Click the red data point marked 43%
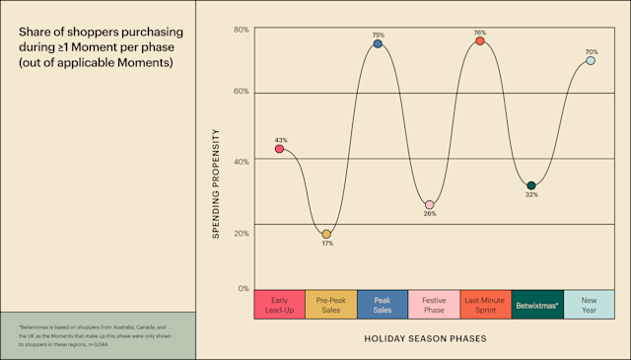[279, 149]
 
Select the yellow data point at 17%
[327, 234]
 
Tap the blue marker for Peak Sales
[378, 44]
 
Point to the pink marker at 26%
[429, 204]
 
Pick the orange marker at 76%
[480, 40]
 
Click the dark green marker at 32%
[531, 185]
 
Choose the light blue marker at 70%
[591, 60]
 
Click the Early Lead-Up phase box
[279, 304]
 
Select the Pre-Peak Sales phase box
[330, 304]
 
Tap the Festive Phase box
[434, 304]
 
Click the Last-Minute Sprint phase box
[485, 304]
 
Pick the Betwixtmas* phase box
[537, 304]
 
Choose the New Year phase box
[590, 304]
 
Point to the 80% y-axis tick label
[241, 30]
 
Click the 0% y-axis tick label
[243, 289]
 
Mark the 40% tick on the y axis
[241, 161]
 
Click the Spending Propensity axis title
[216, 184]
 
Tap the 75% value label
[378, 35]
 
